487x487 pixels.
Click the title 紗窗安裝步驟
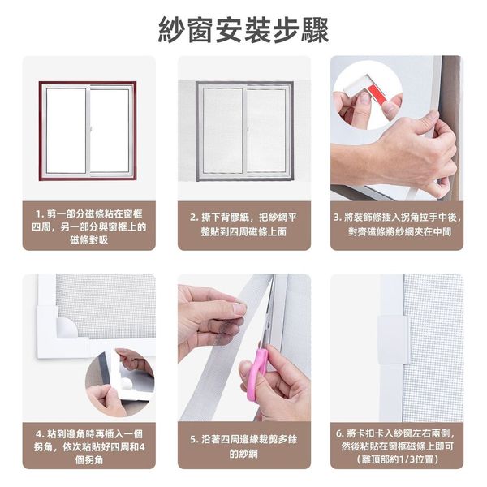pyautogui.click(x=243, y=30)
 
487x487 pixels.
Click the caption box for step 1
pyautogui.click(x=88, y=226)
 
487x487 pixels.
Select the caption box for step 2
pyautogui.click(x=244, y=226)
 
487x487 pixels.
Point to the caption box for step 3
pyautogui.click(x=397, y=226)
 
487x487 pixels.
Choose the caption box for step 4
pyautogui.click(x=88, y=446)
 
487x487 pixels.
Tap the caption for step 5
pyautogui.click(x=244, y=446)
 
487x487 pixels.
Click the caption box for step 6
pyautogui.click(x=397, y=446)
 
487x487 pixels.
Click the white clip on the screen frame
pyautogui.click(x=393, y=340)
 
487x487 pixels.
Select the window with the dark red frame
pyautogui.click(x=88, y=131)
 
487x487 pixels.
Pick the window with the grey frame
pyautogui.click(x=245, y=131)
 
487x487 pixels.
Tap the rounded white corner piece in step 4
pyautogui.click(x=66, y=327)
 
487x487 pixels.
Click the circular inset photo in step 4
pyautogui.click(x=120, y=382)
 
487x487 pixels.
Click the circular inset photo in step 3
pyautogui.click(x=368, y=96)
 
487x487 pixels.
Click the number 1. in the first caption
pyautogui.click(x=40, y=214)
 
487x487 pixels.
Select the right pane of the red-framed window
pyautogui.click(x=110, y=131)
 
